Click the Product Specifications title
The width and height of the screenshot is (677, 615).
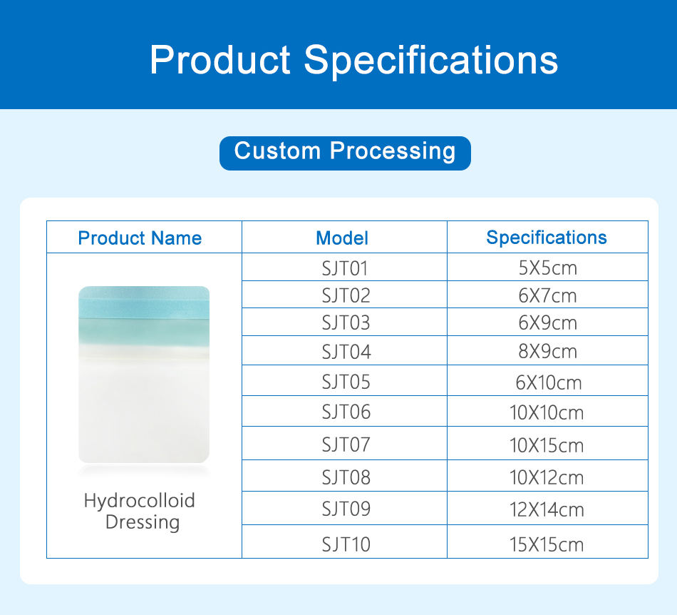(353, 60)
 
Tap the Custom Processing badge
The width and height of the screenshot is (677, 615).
(345, 153)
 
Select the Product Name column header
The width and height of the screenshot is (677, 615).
(140, 238)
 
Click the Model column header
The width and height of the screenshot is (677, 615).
(342, 238)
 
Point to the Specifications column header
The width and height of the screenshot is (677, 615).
(547, 238)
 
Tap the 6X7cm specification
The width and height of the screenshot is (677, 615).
(547, 295)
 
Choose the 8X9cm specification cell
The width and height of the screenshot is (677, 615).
(548, 351)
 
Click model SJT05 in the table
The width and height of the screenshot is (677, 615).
(346, 382)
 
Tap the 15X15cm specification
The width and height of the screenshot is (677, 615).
(547, 544)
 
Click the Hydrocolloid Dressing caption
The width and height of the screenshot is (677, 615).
(140, 512)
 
